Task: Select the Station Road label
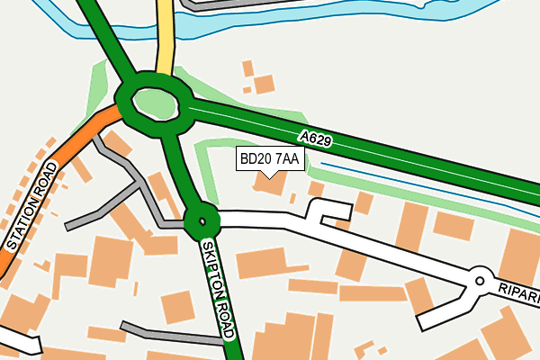coord(32,206)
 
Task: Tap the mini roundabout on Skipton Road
coord(202,219)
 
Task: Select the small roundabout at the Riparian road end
coord(481,280)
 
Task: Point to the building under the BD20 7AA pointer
coord(269,184)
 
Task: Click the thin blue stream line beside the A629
coord(423,189)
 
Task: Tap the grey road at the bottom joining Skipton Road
coord(171,334)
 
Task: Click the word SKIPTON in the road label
coord(214,270)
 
